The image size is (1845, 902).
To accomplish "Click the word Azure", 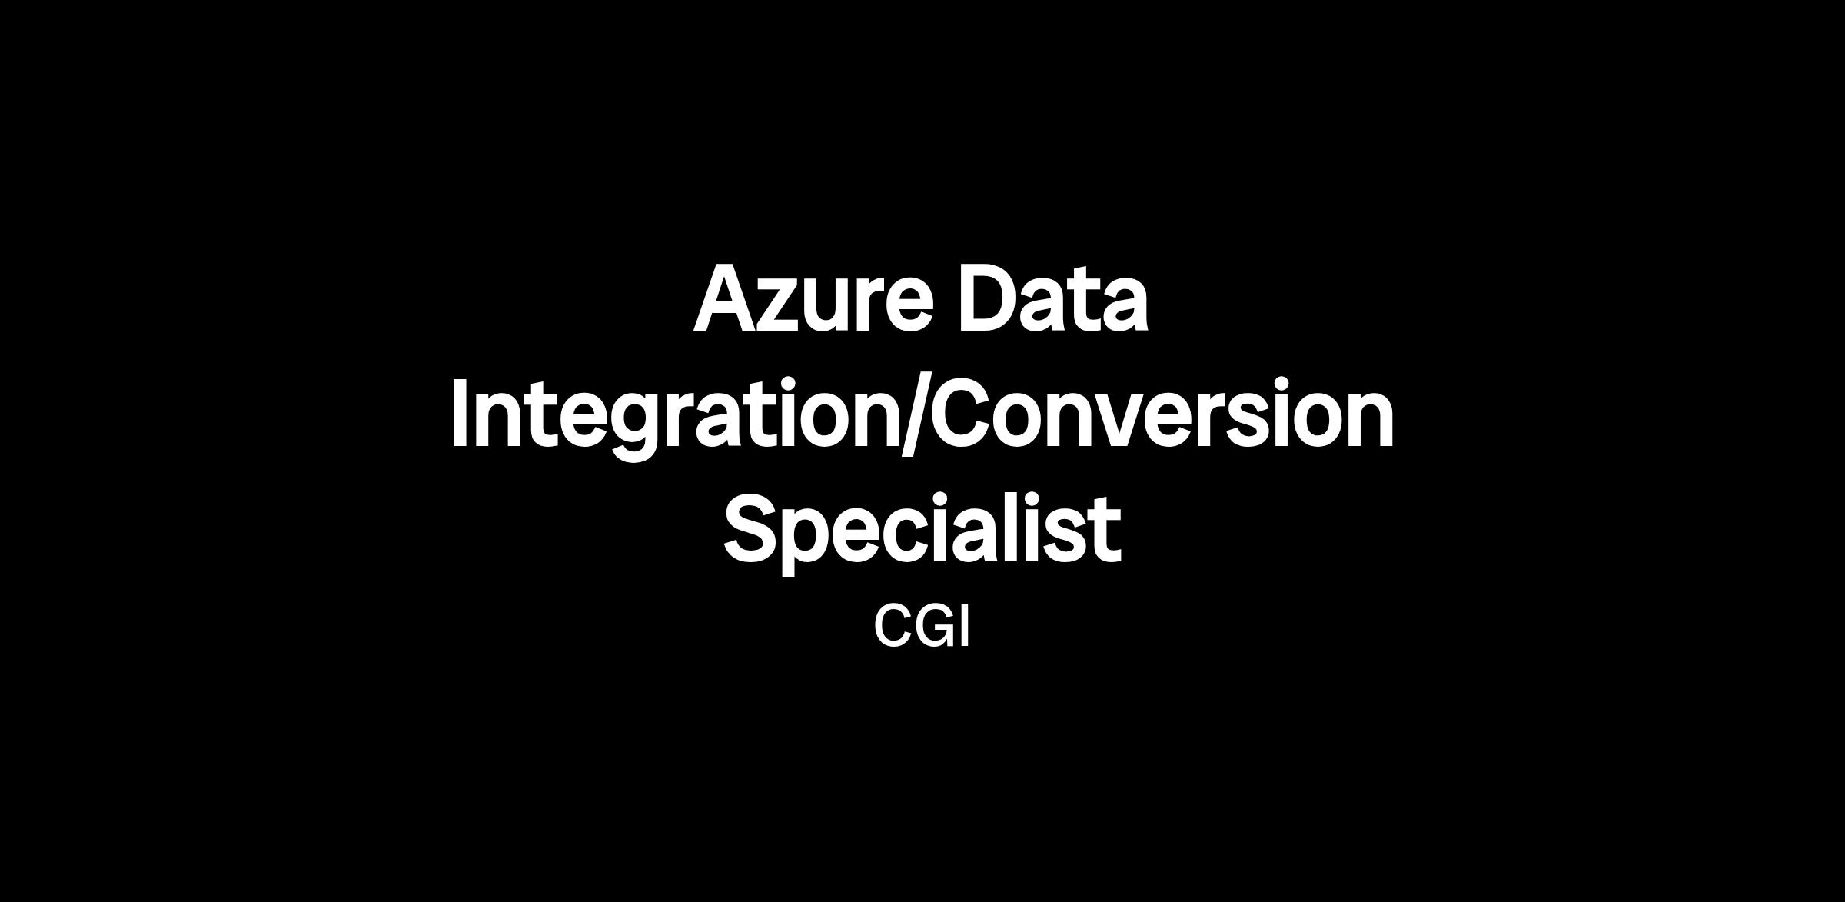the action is (x=813, y=300).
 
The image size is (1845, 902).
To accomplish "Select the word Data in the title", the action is (x=1053, y=300).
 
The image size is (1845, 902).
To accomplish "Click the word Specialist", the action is (x=922, y=531).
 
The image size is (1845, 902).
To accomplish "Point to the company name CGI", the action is (x=922, y=627).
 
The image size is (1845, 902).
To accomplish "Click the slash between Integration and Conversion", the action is (x=915, y=415).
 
